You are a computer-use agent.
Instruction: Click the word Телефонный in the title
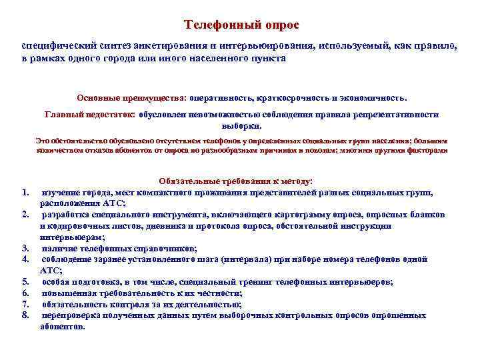point(215,25)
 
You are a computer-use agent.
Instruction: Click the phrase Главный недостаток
point(89,115)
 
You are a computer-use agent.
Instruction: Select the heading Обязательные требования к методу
point(241,181)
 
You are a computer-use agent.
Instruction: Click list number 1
point(25,193)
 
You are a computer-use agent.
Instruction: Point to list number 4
point(25,259)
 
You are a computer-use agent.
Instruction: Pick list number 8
point(25,315)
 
